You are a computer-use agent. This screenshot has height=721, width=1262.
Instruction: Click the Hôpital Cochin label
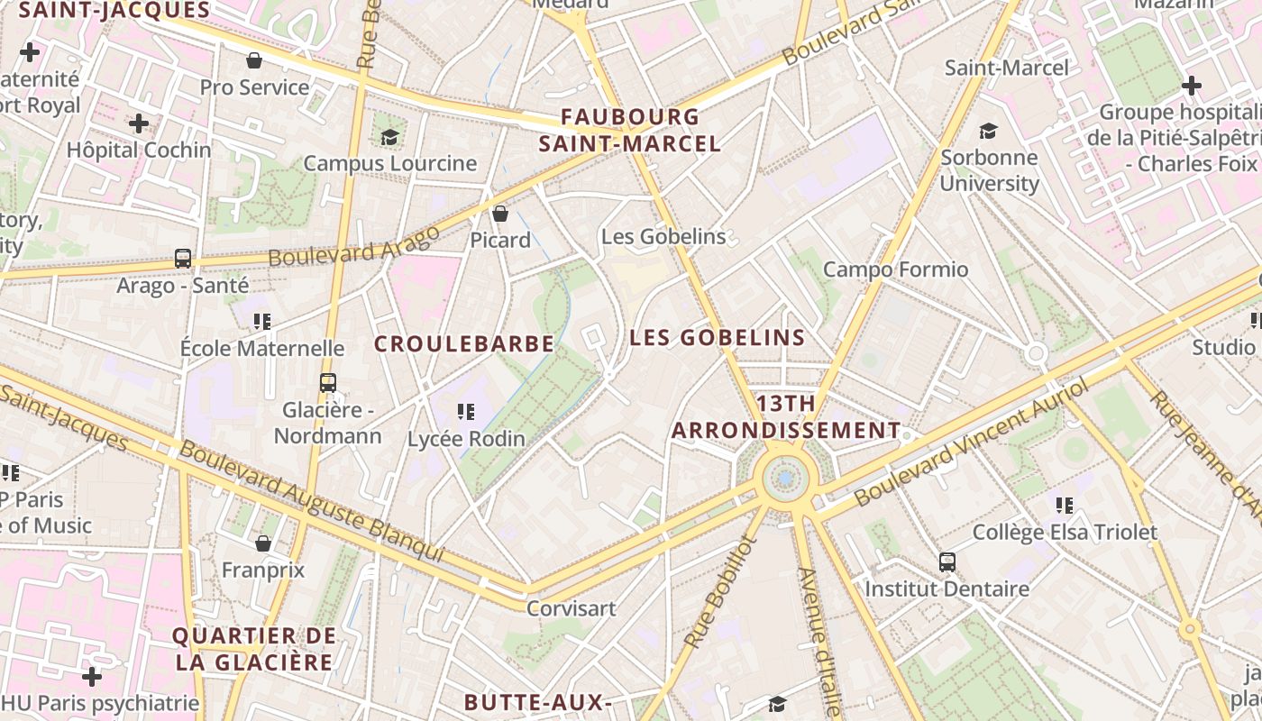(x=139, y=150)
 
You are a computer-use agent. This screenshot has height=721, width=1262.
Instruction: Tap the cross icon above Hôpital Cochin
(x=139, y=123)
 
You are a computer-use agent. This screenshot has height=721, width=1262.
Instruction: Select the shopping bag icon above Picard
(x=500, y=214)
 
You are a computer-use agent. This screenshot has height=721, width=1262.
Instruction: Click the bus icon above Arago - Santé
(x=183, y=259)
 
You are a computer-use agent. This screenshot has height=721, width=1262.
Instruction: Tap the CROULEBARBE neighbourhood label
(x=464, y=344)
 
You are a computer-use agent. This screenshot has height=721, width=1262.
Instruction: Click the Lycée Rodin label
(x=466, y=439)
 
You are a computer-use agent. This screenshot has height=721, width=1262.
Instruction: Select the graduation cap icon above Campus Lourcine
(x=389, y=137)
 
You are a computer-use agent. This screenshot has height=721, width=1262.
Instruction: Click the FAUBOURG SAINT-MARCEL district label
(x=630, y=130)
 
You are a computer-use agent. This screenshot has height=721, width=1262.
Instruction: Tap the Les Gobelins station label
(x=663, y=237)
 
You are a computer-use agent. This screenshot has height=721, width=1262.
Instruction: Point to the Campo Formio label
(x=895, y=269)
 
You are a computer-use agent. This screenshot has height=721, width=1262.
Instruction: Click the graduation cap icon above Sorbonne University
(x=989, y=131)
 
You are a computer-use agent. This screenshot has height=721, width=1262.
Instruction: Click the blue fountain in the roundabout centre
(x=786, y=479)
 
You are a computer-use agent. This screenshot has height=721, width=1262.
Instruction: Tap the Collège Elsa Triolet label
(x=1064, y=533)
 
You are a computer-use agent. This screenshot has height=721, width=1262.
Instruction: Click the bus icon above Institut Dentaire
(x=947, y=562)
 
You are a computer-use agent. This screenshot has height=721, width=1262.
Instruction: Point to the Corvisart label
(x=571, y=608)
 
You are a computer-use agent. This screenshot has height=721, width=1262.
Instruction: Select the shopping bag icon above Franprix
(x=263, y=543)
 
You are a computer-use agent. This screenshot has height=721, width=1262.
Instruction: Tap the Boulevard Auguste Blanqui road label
(x=312, y=501)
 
